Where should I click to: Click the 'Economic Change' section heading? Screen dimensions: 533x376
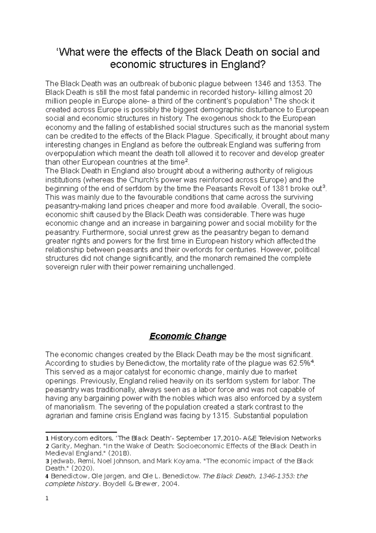tap(188, 336)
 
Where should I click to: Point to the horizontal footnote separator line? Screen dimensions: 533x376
tap(81, 432)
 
